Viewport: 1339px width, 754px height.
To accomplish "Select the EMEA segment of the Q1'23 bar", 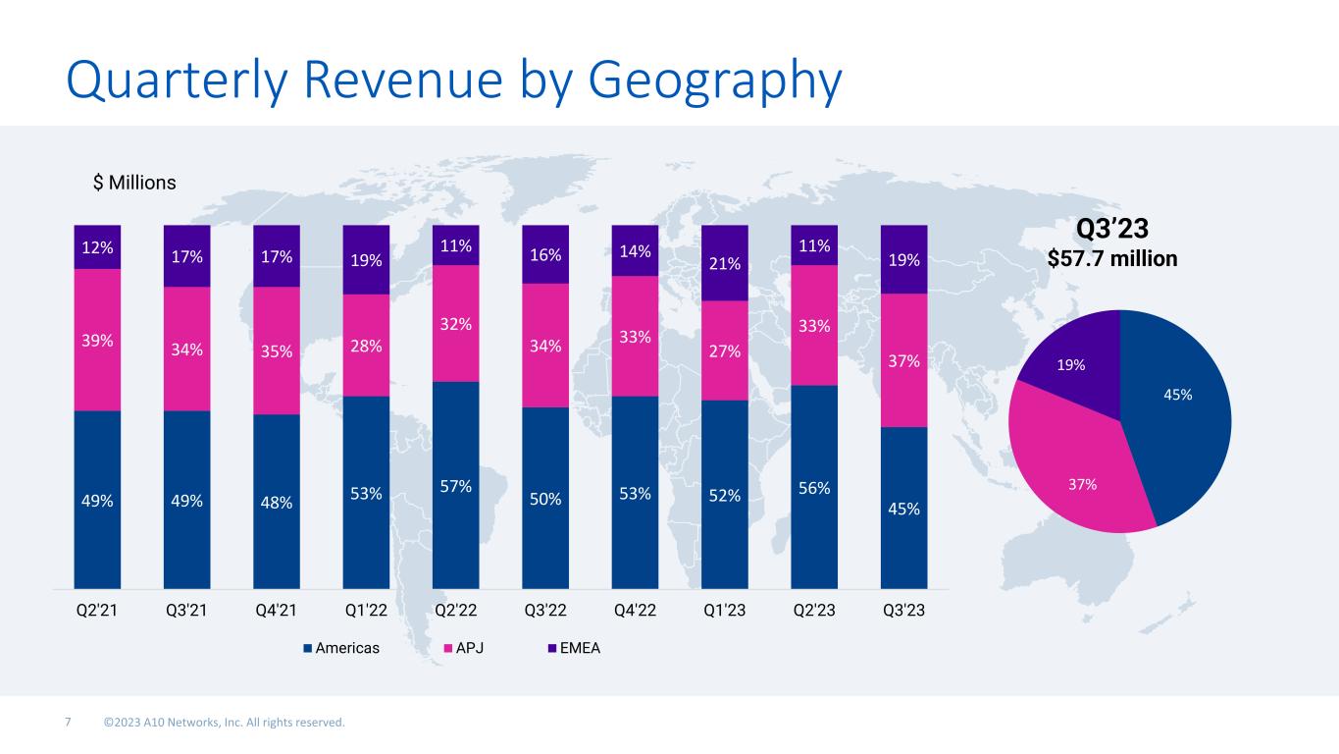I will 725,262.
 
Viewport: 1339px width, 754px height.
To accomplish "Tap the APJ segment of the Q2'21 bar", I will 97,340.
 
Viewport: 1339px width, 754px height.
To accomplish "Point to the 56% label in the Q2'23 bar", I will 814,488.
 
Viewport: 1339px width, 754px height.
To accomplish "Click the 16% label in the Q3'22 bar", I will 545,255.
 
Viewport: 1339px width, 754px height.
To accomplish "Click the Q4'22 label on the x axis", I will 635,611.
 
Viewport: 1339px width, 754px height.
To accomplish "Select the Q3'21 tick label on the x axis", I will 186,611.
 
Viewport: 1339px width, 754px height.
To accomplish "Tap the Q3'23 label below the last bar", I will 903,611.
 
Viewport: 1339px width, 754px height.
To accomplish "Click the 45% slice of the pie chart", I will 1177,403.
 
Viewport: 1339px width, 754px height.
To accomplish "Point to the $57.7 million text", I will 1112,259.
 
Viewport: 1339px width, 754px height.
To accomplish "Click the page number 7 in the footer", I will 68,724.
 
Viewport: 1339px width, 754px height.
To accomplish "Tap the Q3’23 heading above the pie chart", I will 1112,229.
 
